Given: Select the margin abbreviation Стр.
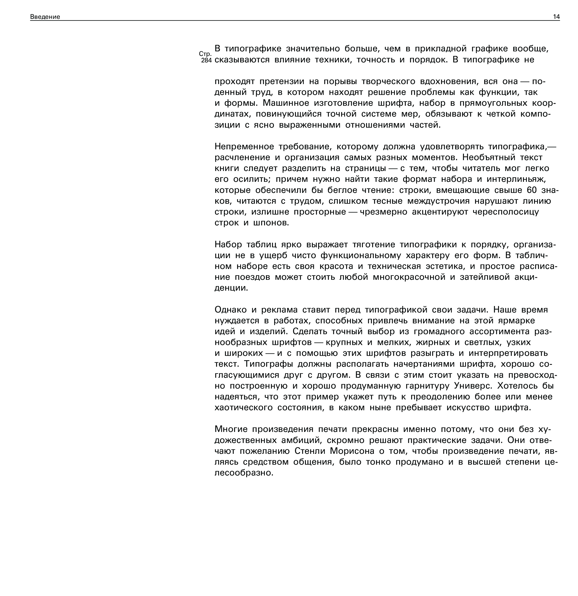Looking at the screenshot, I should [x=205, y=54].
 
